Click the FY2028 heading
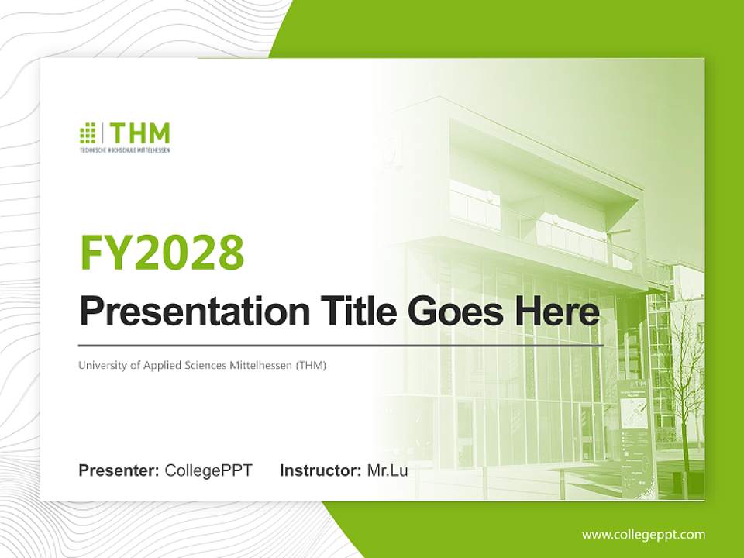pos(162,253)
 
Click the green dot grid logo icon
pos(88,133)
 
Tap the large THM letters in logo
pos(139,133)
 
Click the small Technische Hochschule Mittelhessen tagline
pos(124,149)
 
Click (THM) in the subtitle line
pos(311,365)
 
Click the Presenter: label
pos(119,470)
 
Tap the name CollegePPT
pos(208,470)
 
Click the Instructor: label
pos(320,470)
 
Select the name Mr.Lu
pos(387,470)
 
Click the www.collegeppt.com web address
pos(643,535)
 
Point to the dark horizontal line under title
pos(341,345)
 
